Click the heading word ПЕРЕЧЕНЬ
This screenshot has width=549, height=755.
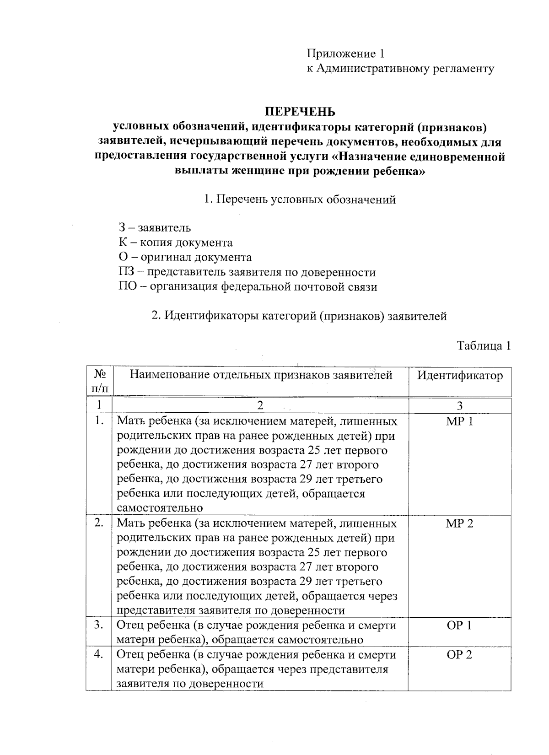point(300,112)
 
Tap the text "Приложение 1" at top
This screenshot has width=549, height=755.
point(345,54)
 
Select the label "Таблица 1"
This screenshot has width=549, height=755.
point(484,346)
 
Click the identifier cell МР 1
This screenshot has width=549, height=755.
point(459,421)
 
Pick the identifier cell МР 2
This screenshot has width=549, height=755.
point(459,523)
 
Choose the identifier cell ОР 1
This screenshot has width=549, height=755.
point(459,626)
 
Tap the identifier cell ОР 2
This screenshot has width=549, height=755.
point(459,655)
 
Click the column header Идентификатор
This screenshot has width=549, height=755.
point(459,376)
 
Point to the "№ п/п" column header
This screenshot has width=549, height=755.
point(99,382)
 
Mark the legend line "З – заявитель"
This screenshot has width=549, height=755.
point(155,227)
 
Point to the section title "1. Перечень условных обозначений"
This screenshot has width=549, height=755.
point(300,200)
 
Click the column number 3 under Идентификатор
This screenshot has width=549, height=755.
point(459,405)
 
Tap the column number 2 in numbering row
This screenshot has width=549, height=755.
point(260,405)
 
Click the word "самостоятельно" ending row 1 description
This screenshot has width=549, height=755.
point(160,508)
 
